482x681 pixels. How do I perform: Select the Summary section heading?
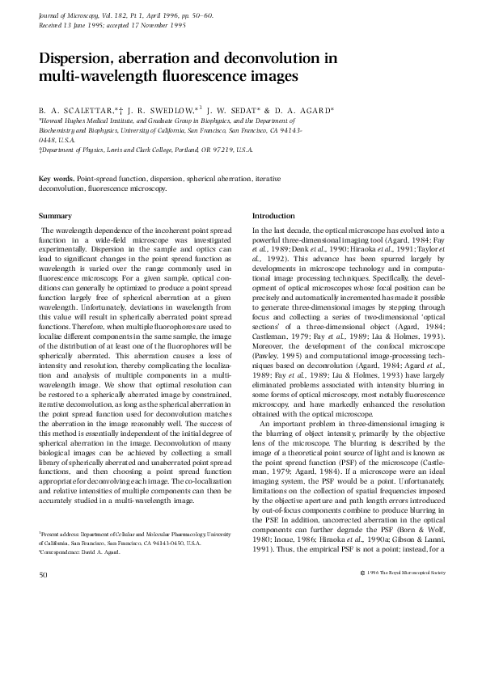(x=56, y=216)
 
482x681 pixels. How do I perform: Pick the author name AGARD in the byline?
(x=310, y=108)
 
